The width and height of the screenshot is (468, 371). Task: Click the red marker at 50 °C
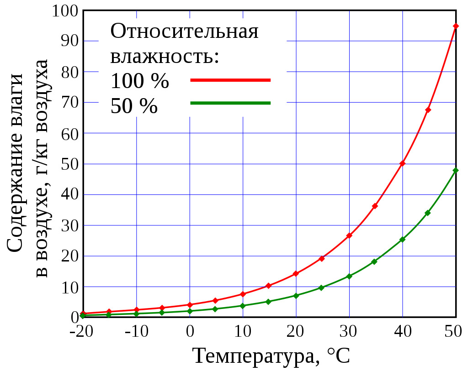(456, 26)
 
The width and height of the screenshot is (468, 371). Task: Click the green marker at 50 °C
(456, 170)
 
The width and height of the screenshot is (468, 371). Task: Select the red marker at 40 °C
(402, 163)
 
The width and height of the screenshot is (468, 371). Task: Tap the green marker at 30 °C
(349, 276)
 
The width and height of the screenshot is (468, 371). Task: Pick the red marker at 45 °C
(428, 110)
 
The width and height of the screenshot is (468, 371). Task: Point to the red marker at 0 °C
(190, 304)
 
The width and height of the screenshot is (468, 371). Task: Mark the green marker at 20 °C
(296, 296)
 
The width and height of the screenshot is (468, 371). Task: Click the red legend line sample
(230, 80)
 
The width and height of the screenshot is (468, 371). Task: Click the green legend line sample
(230, 103)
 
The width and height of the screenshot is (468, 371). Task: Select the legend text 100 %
(140, 82)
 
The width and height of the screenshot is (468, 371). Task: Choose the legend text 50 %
(134, 106)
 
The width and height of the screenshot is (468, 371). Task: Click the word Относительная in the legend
(185, 32)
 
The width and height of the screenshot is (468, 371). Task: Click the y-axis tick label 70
(70, 102)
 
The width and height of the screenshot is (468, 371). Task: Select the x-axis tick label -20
(82, 332)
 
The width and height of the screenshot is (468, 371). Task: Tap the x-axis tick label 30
(349, 332)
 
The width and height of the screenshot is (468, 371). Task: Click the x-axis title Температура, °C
(271, 355)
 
